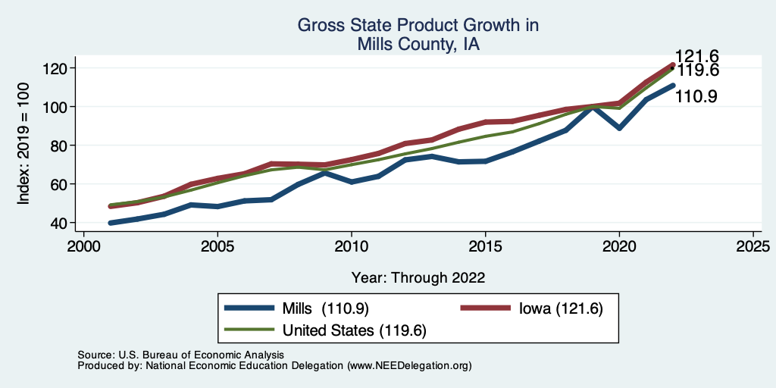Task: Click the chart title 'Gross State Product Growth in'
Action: [x=418, y=25]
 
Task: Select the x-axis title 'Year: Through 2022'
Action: [x=418, y=277]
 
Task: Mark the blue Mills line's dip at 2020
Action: [x=619, y=128]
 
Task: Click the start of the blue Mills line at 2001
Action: [x=111, y=223]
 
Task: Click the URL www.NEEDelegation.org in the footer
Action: [x=409, y=365]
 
